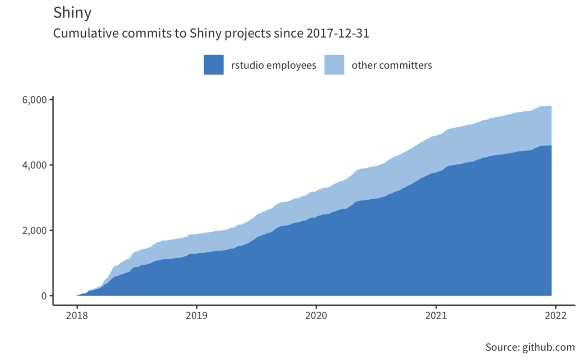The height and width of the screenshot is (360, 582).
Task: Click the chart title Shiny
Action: pos(72,13)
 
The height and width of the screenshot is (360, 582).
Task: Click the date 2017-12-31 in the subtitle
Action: pos(338,34)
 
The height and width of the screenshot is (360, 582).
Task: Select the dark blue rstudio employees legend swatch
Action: pos(213,65)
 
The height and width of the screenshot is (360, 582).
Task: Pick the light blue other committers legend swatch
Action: pos(334,65)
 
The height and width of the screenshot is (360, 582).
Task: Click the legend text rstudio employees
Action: pos(273,65)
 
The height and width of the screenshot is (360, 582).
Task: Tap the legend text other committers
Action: pos(392,65)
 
